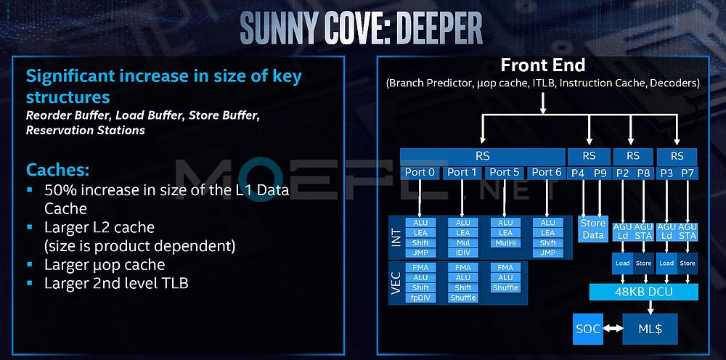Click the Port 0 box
pos(420,173)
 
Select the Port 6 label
pos(547,173)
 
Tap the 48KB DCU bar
pos(643,292)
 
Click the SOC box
pos(587,329)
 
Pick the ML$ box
pos(650,329)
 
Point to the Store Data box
pos(593,229)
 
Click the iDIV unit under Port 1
pos(463,253)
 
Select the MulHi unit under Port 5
pos(505,242)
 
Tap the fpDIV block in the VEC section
pos(420,298)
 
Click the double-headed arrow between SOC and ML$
pos(613,329)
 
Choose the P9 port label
pos(600,173)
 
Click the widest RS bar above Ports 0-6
pos(483,156)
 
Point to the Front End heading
pos(542,65)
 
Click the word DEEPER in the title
pos(434,29)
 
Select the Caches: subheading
pos(58,170)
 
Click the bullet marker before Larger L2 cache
pos(30,227)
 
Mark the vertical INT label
pos(396,237)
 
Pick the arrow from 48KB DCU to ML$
pos(650,307)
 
